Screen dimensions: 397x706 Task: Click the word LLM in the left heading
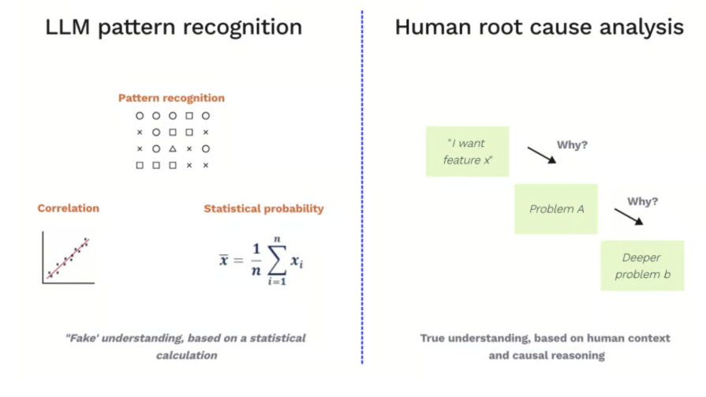[65, 28]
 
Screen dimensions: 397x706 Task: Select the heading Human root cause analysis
[539, 28]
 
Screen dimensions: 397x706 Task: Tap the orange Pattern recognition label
[171, 99]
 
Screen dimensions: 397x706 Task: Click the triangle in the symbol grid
[172, 148]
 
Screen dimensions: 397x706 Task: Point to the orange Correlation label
[69, 208]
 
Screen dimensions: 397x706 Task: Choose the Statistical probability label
[263, 209]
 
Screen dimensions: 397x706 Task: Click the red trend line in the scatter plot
[68, 257]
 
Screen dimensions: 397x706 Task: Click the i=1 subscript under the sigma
[276, 282]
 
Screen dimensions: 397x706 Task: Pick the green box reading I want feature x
[467, 152]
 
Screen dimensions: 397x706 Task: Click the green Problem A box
[556, 209]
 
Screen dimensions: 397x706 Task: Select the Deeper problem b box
[641, 266]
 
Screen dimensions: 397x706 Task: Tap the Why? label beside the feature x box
[572, 145]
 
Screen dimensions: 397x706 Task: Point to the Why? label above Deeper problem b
[643, 201]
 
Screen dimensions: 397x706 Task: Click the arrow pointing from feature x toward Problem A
[542, 154]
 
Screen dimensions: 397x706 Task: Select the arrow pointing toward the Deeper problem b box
[629, 216]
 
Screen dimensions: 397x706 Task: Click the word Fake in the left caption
[81, 339]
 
